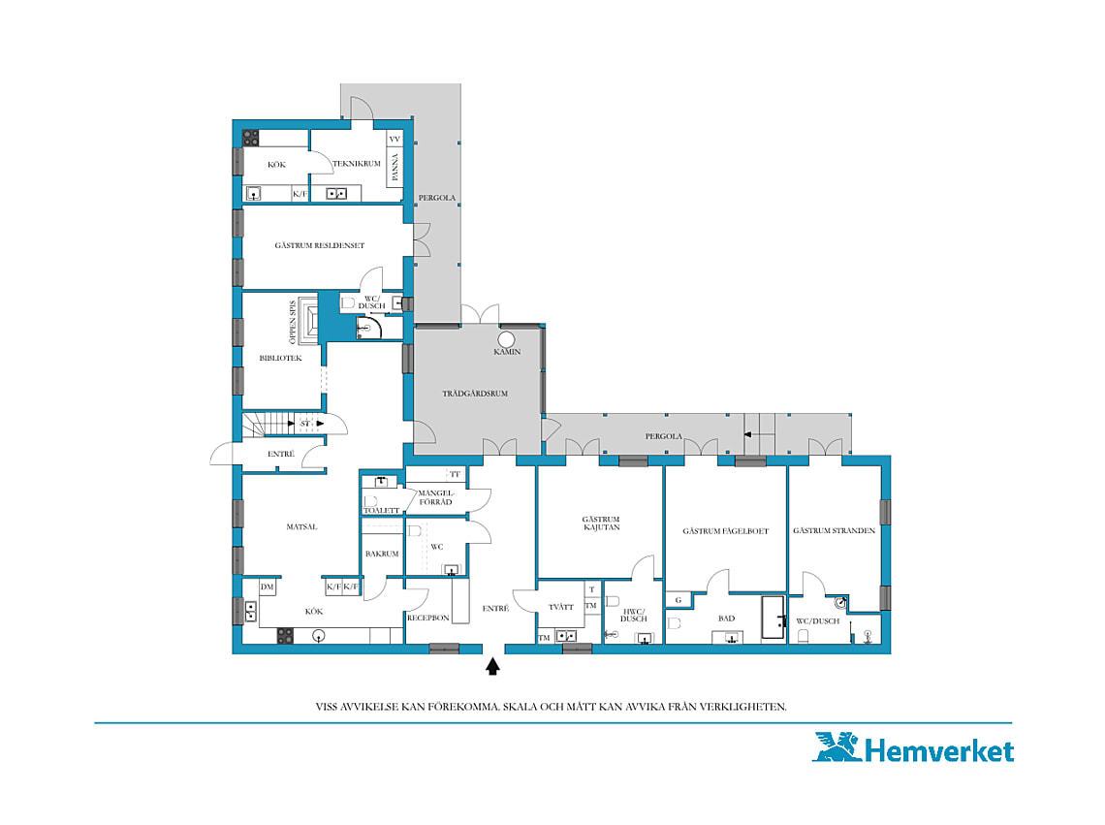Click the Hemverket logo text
pos(938,750)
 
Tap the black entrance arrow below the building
pos(492,666)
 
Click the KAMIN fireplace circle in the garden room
pos(506,339)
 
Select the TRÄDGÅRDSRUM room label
pos(475,394)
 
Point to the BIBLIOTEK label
pos(280,358)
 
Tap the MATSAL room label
pos(301,526)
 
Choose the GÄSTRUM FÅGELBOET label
pos(726,531)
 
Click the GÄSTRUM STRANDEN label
pos(835,530)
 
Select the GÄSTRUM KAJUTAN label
pos(601,524)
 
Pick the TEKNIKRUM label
pos(357,164)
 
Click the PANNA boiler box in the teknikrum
pos(395,167)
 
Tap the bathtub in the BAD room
pos(773,619)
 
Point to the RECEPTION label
pos(428,618)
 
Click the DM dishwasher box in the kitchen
pos(268,587)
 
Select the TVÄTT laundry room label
pos(561,607)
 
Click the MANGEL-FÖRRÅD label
pos(435,497)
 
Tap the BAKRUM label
pos(382,554)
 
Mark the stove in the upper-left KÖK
pos(251,138)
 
